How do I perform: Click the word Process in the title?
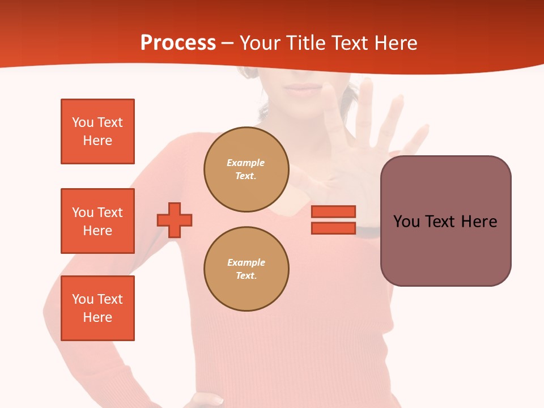click(x=178, y=43)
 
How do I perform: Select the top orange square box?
click(x=97, y=131)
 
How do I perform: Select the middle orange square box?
click(x=97, y=221)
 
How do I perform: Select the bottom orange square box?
click(x=97, y=308)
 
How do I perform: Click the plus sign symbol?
click(x=175, y=220)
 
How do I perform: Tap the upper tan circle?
click(x=246, y=169)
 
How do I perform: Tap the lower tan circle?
click(x=246, y=269)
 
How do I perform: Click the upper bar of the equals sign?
click(x=333, y=211)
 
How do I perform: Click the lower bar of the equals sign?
click(x=333, y=228)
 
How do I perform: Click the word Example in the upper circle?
click(x=245, y=163)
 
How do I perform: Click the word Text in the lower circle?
click(x=245, y=276)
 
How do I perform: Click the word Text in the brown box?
click(x=443, y=222)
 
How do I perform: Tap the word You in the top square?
click(x=82, y=122)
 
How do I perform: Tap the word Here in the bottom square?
click(x=97, y=317)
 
